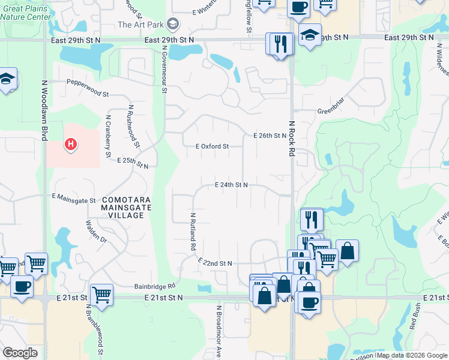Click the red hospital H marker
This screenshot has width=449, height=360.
pyautogui.click(x=71, y=145)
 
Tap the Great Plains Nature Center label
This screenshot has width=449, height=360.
pyautogui.click(x=26, y=13)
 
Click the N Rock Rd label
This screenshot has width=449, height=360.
pyautogui.click(x=292, y=138)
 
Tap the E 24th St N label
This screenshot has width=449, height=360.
pyautogui.click(x=232, y=185)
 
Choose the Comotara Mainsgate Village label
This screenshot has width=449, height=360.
pyautogui.click(x=126, y=207)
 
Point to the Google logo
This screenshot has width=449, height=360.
pyautogui.click(x=19, y=353)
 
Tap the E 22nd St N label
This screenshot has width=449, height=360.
pyautogui.click(x=214, y=263)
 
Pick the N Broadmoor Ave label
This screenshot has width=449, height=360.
pyautogui.click(x=219, y=330)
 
